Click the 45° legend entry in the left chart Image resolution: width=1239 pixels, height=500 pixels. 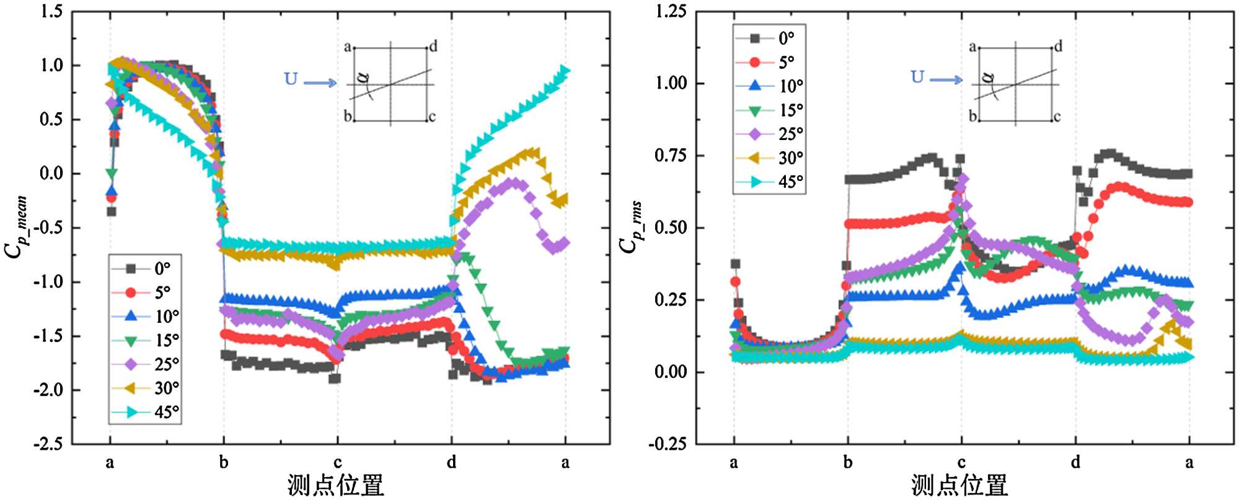coord(146,412)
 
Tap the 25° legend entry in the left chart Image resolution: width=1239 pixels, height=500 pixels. coord(146,364)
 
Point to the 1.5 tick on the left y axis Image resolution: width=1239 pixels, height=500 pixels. coord(51,11)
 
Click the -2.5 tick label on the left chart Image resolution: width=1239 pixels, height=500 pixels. coord(48,444)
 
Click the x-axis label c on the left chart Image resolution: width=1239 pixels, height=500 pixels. coord(337,462)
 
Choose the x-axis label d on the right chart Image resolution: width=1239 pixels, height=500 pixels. coord(1075,462)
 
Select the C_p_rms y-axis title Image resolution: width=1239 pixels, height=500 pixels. coord(630,227)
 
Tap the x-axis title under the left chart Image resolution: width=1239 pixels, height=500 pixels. coord(335,485)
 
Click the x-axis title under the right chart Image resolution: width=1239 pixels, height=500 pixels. coord(959,485)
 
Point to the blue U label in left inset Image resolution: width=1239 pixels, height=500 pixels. coord(291,79)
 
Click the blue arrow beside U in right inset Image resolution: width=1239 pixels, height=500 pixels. coord(946,80)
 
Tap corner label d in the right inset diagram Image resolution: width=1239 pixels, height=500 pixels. coord(1059,46)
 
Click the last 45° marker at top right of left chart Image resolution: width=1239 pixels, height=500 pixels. coord(565,71)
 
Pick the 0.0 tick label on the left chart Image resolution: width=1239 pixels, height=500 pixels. coord(51,173)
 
